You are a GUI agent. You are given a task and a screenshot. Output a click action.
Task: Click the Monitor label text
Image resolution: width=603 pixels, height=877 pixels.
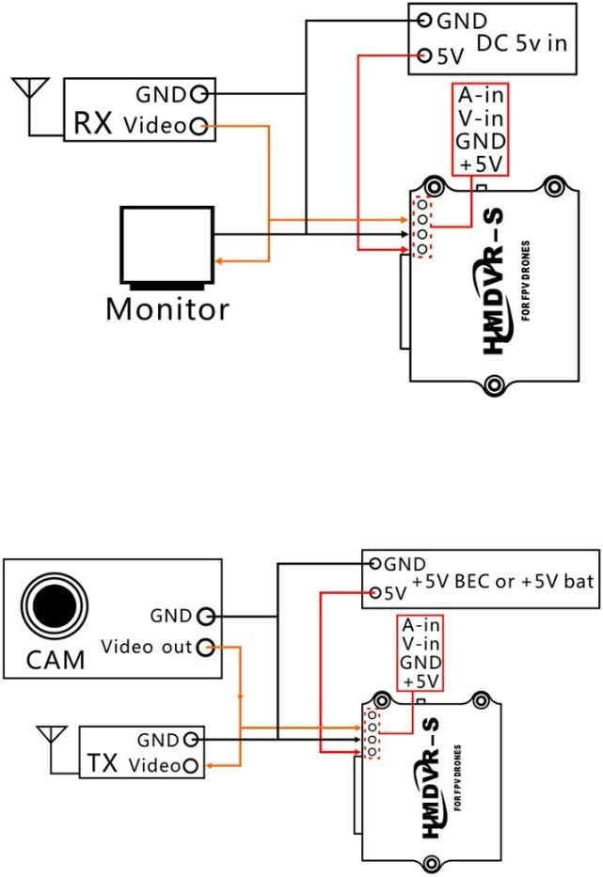(x=167, y=308)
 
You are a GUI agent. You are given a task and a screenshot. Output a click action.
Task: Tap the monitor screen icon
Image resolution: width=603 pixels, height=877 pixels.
(x=167, y=243)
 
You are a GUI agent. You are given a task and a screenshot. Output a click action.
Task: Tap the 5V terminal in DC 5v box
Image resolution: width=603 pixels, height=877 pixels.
(x=425, y=55)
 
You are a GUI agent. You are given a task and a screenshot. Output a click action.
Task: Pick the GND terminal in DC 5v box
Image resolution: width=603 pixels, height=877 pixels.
(x=425, y=20)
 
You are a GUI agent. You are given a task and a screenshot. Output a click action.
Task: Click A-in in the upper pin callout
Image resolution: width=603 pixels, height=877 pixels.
(x=482, y=97)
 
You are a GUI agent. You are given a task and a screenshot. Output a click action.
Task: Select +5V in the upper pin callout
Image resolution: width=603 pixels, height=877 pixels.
(x=482, y=164)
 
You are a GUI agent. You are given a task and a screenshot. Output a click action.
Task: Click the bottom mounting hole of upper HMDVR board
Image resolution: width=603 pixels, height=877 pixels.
(x=493, y=382)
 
